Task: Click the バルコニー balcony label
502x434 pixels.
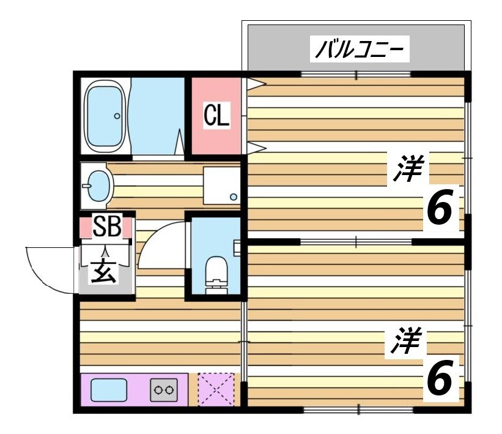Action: pos(360,50)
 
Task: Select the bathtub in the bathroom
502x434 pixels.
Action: pos(105,116)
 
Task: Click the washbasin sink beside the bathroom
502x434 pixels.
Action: pos(97,185)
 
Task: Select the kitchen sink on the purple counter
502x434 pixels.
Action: pos(109,389)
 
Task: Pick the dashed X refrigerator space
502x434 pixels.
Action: pos(216,389)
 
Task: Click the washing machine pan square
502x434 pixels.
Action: pos(221,185)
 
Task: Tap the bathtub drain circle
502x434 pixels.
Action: pos(116,115)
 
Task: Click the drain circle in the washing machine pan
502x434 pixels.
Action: pos(233,196)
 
